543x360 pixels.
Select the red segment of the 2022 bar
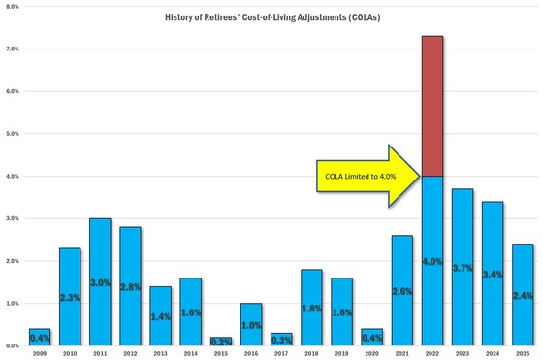pos(433,106)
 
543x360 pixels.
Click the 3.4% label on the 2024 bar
pos(494,290)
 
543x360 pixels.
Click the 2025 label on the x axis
pos(522,352)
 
